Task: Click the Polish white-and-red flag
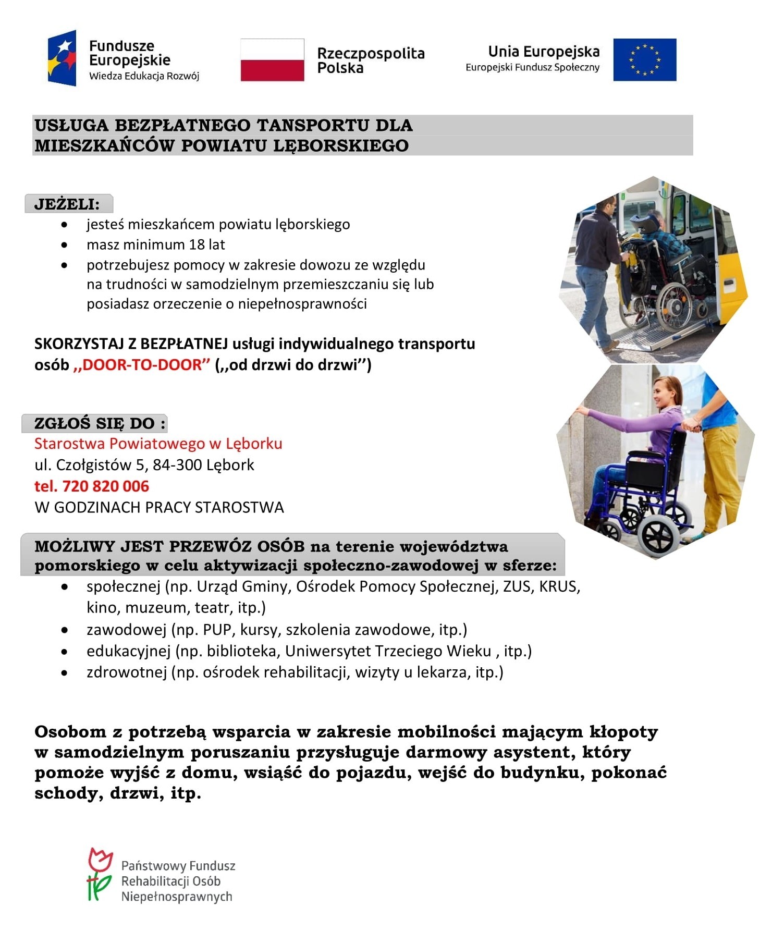point(272,60)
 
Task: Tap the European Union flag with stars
point(644,60)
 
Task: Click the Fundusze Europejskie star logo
point(63,58)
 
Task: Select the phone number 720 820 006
point(105,486)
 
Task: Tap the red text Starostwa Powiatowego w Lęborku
point(158,444)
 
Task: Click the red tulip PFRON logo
point(100,875)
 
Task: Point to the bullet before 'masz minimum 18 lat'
point(64,244)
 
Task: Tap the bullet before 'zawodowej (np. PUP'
point(64,630)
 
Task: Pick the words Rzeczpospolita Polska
point(371,60)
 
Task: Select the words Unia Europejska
point(544,52)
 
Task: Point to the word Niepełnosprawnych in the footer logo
point(177,897)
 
